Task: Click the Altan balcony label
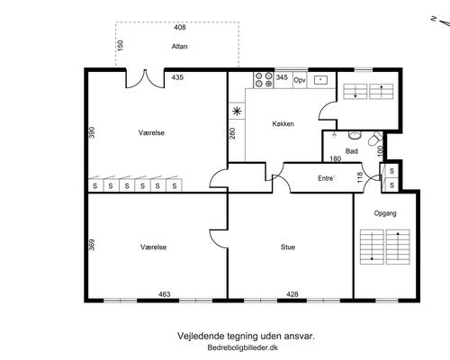click(180, 47)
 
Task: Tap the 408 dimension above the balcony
click(180, 27)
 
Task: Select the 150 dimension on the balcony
click(121, 45)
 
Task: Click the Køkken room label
click(283, 123)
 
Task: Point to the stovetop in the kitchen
click(264, 80)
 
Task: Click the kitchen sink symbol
click(320, 80)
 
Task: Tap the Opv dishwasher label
click(300, 80)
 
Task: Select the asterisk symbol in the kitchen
click(237, 112)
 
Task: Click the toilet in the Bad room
click(375, 139)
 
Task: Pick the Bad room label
click(352, 151)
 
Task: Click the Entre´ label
click(326, 178)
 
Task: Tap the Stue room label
click(288, 247)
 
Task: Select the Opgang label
click(385, 213)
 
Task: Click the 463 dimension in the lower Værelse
click(165, 294)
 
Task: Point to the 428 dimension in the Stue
click(292, 294)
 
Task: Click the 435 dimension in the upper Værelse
click(177, 77)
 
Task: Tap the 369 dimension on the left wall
click(92, 245)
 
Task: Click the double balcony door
click(145, 79)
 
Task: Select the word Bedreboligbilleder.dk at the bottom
click(242, 347)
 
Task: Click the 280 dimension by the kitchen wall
click(232, 133)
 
